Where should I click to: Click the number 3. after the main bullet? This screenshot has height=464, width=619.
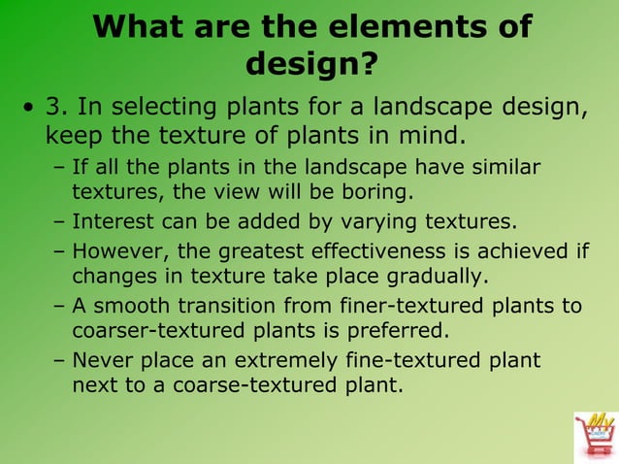click(61, 105)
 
